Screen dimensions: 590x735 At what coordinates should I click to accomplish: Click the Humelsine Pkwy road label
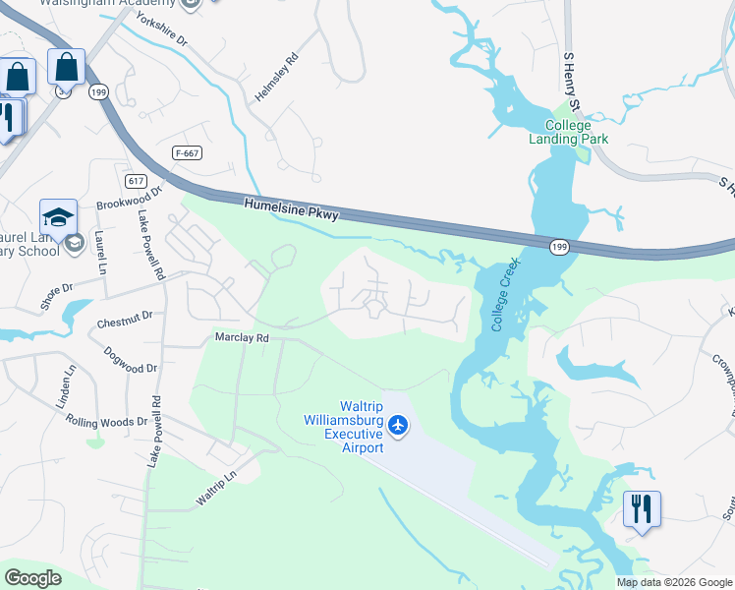[291, 208]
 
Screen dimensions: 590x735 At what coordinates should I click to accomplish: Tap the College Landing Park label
[568, 132]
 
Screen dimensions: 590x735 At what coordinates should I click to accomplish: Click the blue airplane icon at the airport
[397, 425]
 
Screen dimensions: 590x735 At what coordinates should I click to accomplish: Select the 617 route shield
[137, 181]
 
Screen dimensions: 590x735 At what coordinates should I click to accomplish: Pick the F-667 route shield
[187, 152]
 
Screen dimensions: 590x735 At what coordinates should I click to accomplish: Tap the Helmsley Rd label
[277, 77]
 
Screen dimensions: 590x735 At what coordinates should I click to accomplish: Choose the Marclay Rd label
[242, 337]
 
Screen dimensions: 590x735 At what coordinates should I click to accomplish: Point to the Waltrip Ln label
[217, 488]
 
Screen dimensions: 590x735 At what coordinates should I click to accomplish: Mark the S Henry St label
[572, 84]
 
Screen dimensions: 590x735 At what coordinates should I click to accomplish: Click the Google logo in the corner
[33, 578]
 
